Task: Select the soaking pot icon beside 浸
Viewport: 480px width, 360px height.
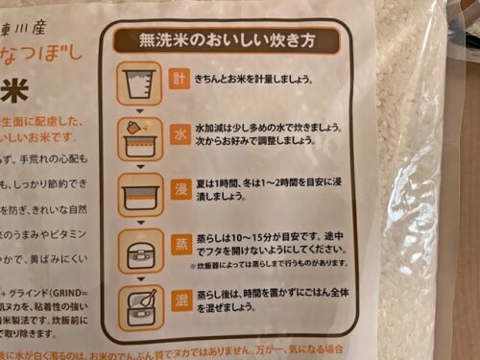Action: [138, 195]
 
